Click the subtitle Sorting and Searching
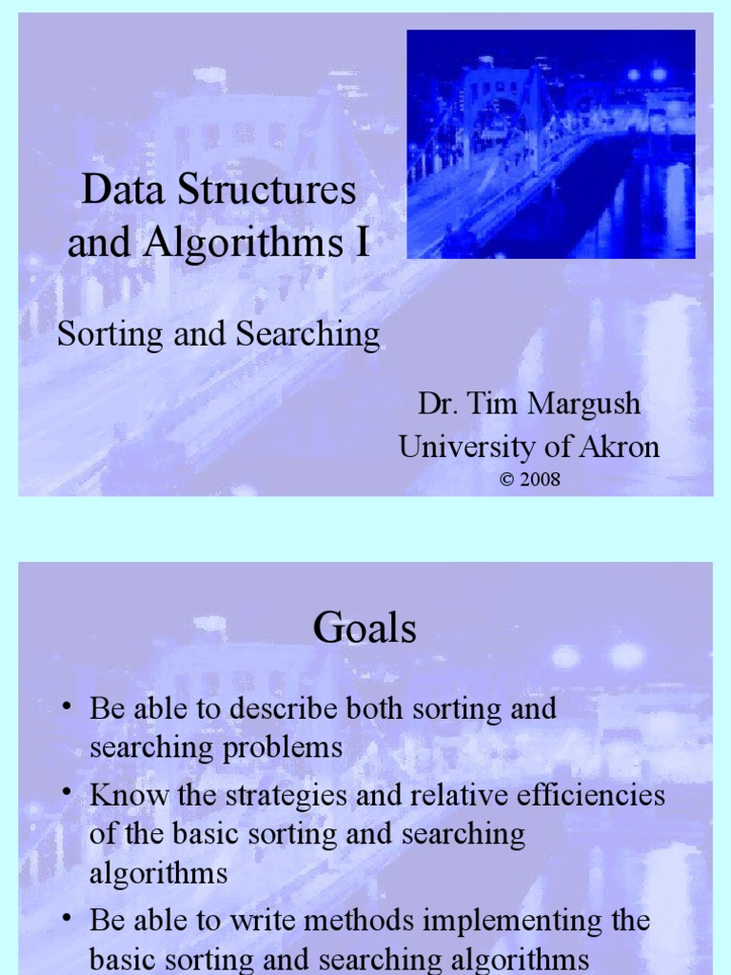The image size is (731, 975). pos(218,334)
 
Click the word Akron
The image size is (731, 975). pos(612,447)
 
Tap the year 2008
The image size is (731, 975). pos(540,479)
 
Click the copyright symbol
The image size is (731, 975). pos(506,479)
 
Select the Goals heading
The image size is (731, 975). pos(365,628)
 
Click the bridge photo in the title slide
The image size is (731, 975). pos(551,144)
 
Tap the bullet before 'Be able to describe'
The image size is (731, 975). pos(67,706)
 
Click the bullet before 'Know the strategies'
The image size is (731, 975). pos(67,793)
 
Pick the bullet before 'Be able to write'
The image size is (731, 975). pos(67,919)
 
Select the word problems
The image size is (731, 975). pos(283,747)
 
